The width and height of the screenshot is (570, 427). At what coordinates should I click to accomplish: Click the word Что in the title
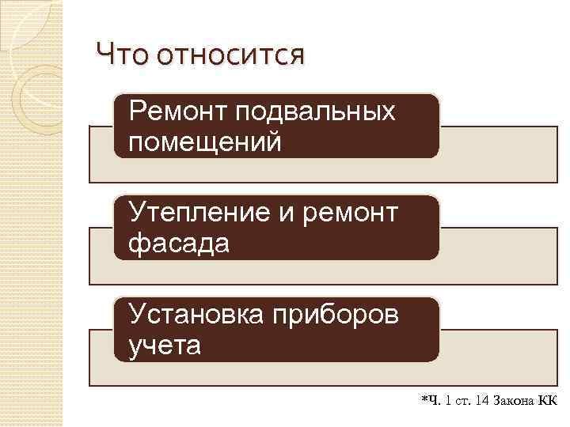pyautogui.click(x=123, y=56)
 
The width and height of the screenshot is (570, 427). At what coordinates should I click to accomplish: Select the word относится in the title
pyautogui.click(x=230, y=56)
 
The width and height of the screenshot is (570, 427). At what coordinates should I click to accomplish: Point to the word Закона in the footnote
pyautogui.click(x=515, y=402)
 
